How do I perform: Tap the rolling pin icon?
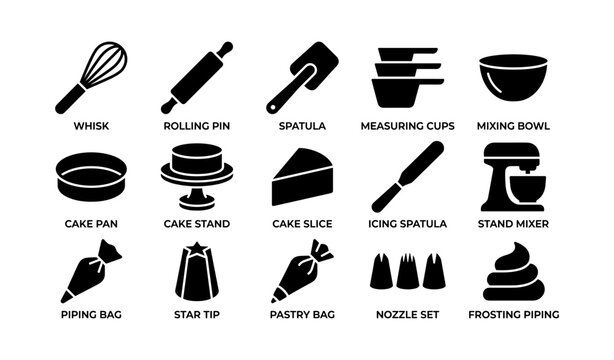pos(197,77)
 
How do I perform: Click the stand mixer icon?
pos(513,177)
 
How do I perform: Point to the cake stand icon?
pos(196,176)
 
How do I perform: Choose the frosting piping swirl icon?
pos(514,273)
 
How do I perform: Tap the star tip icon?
pos(196,272)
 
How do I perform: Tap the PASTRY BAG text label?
pos(302,314)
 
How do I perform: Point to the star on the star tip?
pos(196,247)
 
